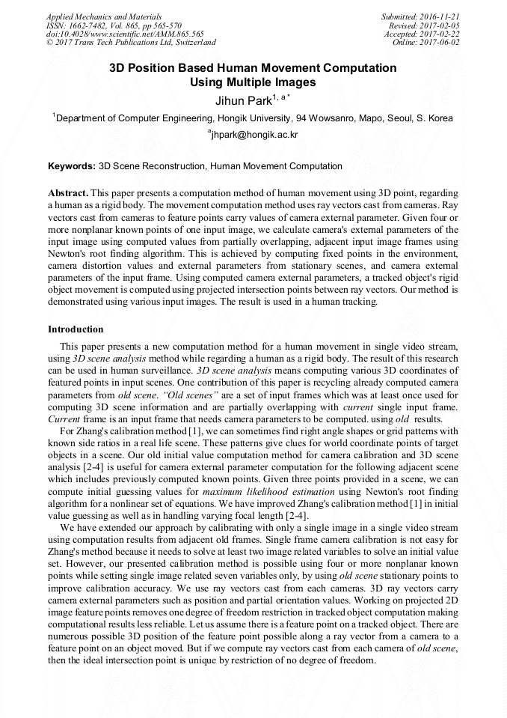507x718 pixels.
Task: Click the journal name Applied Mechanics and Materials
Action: (x=104, y=16)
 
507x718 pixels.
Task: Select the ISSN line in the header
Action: (x=114, y=25)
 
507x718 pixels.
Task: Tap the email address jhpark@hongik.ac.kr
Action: (x=256, y=135)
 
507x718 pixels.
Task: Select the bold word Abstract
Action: (x=68, y=192)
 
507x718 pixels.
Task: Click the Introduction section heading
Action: (x=76, y=329)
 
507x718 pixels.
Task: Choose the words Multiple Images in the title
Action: (x=274, y=82)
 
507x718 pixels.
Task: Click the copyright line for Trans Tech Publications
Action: (x=131, y=43)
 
